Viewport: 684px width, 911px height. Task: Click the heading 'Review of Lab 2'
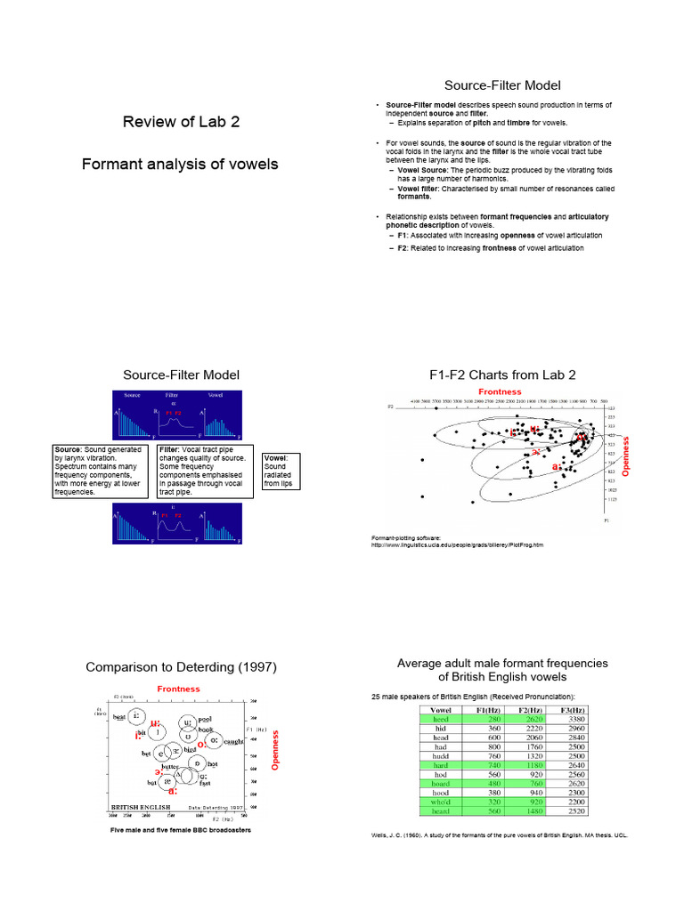click(x=181, y=122)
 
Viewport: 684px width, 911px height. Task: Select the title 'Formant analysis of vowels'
click(x=180, y=164)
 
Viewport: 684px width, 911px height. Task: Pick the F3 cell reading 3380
click(x=576, y=720)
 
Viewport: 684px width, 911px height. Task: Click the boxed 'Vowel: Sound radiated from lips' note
click(x=281, y=471)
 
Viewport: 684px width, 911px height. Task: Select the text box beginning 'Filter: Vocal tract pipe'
click(x=205, y=471)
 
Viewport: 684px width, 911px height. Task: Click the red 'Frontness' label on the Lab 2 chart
click(x=500, y=391)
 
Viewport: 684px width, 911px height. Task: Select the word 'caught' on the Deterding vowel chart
click(x=233, y=741)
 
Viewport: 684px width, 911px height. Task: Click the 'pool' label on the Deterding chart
click(x=205, y=718)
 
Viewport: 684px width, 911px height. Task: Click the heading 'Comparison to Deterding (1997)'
click(x=181, y=667)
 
